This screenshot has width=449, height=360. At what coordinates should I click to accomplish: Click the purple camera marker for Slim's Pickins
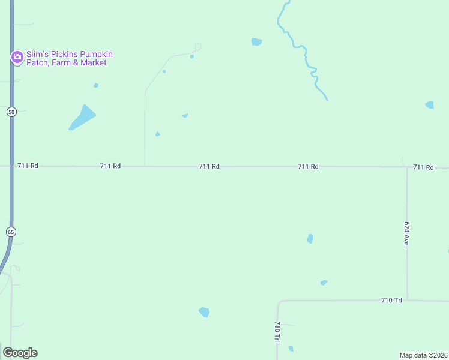(17, 58)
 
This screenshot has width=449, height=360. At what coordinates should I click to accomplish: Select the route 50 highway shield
(11, 112)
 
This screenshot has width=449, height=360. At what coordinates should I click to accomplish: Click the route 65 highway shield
(11, 232)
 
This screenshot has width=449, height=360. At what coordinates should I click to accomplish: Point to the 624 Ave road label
(406, 233)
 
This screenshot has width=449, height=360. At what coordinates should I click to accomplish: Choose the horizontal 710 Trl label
(391, 300)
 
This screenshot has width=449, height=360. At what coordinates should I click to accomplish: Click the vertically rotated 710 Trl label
(277, 332)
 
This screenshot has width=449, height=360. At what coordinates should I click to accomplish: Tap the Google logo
(20, 353)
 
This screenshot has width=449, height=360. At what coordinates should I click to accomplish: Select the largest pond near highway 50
(83, 117)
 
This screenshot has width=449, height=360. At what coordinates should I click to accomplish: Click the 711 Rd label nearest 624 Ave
(423, 167)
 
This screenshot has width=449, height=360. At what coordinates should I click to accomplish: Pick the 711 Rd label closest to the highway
(28, 166)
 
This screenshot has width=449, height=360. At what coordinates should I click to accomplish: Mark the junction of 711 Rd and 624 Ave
(408, 167)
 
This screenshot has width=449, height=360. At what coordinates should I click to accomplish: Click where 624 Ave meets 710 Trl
(408, 299)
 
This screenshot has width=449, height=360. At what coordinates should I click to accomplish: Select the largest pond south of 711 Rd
(204, 312)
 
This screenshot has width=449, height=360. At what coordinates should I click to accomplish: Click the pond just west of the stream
(256, 42)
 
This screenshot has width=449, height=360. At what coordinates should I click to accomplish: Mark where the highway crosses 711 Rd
(11, 166)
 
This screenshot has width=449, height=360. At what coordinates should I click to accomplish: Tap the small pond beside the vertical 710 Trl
(291, 349)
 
